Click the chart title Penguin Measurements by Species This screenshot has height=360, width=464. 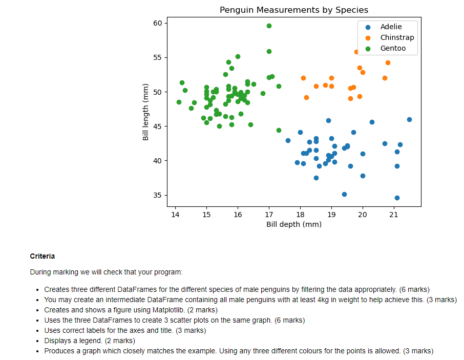(x=293, y=10)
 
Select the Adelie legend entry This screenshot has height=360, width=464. (x=391, y=27)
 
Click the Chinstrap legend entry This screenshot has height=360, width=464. (x=397, y=37)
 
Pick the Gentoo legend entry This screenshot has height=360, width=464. (x=393, y=48)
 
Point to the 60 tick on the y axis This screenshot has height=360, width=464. (x=157, y=23)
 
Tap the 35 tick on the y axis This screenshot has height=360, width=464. (x=157, y=195)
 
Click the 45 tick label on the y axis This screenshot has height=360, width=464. (x=157, y=126)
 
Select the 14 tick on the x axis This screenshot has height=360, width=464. (x=175, y=214)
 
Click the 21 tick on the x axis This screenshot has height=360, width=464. (x=393, y=214)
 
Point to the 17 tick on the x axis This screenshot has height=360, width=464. (x=269, y=214)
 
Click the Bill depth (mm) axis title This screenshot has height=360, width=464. (x=293, y=224)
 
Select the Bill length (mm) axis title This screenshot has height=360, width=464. (x=146, y=112)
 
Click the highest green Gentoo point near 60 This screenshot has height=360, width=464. (x=269, y=26)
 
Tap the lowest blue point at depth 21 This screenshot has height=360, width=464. (x=397, y=198)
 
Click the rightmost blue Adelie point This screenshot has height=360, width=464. (x=409, y=119)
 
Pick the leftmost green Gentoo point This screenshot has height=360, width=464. (x=179, y=102)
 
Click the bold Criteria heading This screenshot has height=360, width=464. (x=43, y=256)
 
